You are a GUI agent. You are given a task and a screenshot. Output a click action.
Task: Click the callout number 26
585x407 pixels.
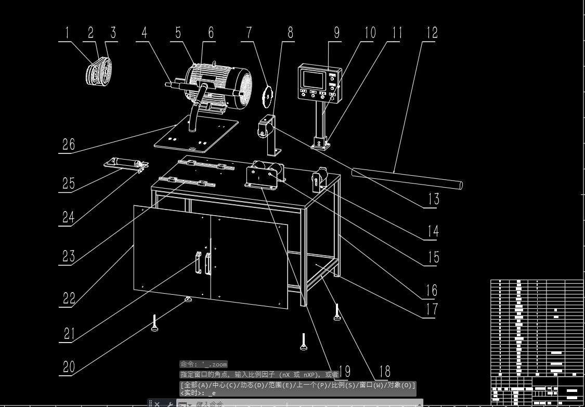(x=69, y=143)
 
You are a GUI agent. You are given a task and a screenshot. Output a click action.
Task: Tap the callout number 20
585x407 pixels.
(x=69, y=367)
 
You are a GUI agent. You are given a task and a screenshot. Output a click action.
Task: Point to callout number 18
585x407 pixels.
(x=384, y=371)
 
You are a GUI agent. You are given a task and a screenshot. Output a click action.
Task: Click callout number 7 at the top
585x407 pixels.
(x=249, y=32)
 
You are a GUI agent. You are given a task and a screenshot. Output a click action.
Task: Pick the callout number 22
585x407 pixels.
(x=69, y=297)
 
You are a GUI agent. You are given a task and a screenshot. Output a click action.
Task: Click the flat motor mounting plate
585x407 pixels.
(x=197, y=135)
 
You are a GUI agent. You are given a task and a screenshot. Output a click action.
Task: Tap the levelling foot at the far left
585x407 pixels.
(x=154, y=323)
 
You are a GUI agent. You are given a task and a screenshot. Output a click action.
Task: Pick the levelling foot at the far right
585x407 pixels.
(x=337, y=312)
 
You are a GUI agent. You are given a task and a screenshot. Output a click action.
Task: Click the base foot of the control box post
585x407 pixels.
(x=320, y=142)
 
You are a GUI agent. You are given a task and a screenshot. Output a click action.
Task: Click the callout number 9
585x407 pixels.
(x=336, y=32)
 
